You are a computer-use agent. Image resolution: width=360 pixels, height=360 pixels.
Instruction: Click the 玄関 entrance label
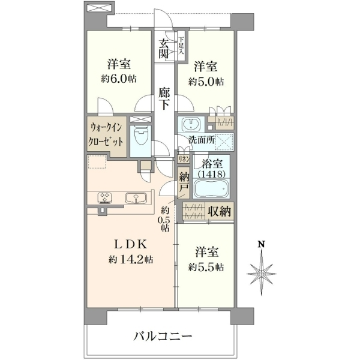coord(164,49)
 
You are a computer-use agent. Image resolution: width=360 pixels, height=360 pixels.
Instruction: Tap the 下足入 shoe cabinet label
coord(181,46)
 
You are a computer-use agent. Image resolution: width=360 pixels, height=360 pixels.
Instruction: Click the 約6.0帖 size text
coord(119,79)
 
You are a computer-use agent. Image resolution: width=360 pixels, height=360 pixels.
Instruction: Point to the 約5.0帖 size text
coord(206,81)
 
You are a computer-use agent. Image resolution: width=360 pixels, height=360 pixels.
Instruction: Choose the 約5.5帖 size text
coord(206,267)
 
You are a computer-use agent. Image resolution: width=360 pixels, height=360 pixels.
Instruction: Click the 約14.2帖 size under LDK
coord(131,259)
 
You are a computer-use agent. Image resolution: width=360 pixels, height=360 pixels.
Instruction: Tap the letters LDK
coord(131,244)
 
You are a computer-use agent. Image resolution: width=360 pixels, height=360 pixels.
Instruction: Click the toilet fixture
coord(140,137)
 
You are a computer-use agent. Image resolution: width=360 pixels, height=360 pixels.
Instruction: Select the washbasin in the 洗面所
coord(190,124)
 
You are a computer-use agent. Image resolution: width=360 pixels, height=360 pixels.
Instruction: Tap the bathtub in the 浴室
coord(211,188)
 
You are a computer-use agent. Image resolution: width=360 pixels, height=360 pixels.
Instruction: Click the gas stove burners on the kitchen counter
coord(105,198)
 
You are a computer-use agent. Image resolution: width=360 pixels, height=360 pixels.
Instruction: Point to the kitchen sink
coord(136,199)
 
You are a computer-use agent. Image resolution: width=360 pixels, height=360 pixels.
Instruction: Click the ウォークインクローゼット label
coord(106,135)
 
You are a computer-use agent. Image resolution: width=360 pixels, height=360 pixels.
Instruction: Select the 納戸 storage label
coord(184,182)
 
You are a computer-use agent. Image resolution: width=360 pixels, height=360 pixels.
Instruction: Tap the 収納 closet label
coord(220,211)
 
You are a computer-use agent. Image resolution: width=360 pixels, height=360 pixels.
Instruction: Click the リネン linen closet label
coord(184,159)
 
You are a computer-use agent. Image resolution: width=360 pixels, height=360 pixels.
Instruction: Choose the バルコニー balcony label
coord(163,337)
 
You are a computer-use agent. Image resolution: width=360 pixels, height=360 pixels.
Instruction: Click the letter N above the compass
coord(261,244)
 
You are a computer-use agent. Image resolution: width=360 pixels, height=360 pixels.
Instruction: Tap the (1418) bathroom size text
coord(211,174)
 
